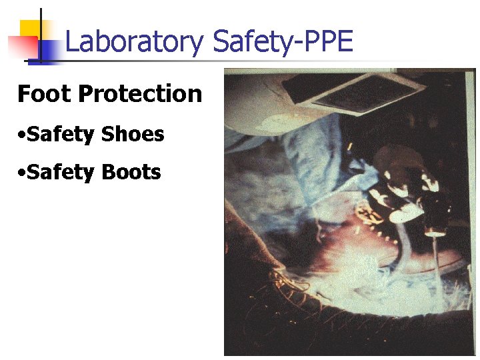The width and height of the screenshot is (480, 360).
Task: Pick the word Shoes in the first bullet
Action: [x=132, y=134]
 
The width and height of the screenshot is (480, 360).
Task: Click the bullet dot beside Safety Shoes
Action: [x=23, y=135]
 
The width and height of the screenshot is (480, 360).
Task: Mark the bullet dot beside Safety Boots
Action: [x=23, y=173]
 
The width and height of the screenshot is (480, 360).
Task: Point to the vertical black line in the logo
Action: [x=40, y=37]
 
